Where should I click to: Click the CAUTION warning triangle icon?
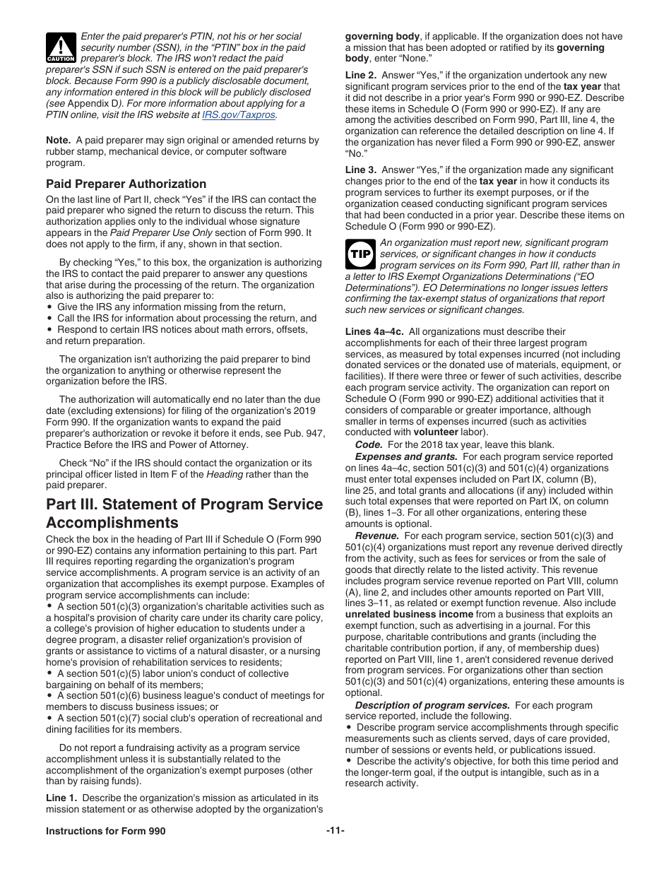(61, 47)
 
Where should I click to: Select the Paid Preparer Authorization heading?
(126, 184)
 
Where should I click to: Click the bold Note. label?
(58, 141)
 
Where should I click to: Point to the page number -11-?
(335, 831)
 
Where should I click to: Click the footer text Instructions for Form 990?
(106, 831)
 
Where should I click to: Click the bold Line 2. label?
(361, 76)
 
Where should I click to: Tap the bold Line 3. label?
(361, 170)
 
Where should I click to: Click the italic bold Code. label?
(369, 444)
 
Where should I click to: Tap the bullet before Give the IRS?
(49, 307)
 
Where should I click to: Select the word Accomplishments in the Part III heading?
(112, 523)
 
